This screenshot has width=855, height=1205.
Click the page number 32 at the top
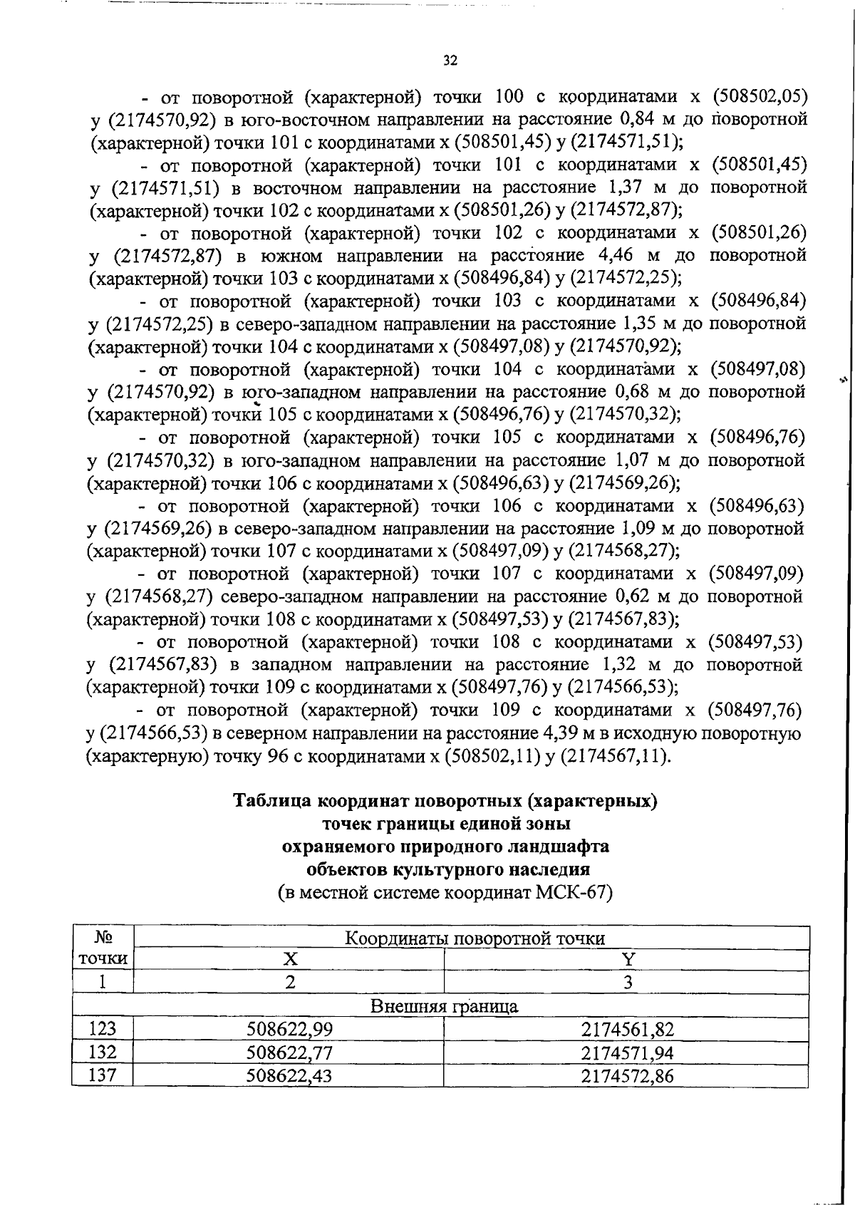pos(450,61)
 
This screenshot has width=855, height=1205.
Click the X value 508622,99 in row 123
pos(289,1029)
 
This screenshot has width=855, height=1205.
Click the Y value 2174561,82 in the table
pos(627,1029)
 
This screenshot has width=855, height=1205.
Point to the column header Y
pos(628,960)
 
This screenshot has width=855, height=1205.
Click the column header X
pos(289,960)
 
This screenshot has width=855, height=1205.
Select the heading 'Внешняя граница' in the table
pos(444,1006)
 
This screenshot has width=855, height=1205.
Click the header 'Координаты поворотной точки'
pos(475,938)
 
